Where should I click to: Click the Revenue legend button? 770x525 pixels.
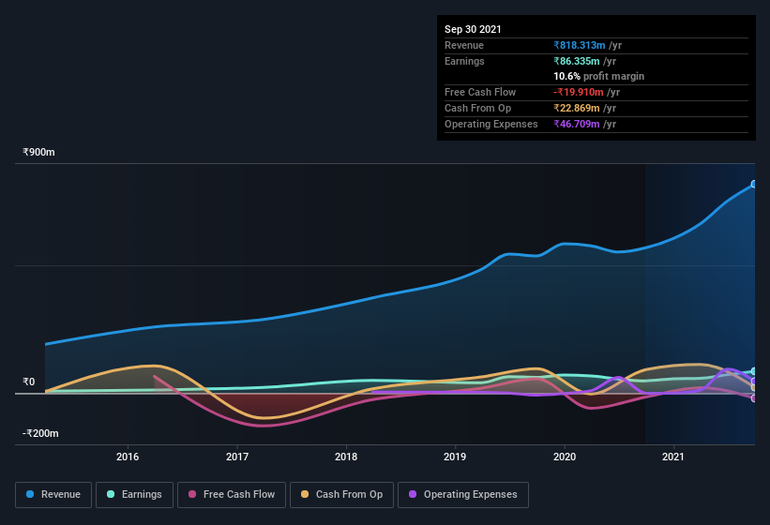tap(53, 494)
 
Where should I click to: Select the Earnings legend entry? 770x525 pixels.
tap(134, 494)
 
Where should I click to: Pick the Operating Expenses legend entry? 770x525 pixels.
tap(462, 494)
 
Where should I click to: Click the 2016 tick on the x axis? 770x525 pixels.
tap(128, 457)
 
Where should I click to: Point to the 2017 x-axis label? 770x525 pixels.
tap(237, 457)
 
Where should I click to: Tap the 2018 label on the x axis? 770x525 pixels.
tap(346, 457)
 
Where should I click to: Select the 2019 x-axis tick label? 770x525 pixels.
tap(455, 457)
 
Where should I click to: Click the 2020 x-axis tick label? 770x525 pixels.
tap(565, 457)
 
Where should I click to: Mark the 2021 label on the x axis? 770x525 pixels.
tap(673, 457)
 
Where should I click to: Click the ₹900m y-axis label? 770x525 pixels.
tap(39, 152)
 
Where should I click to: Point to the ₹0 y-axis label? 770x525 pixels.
tap(29, 382)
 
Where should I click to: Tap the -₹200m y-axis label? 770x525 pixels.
tap(41, 433)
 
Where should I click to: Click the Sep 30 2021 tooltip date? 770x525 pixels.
tap(473, 29)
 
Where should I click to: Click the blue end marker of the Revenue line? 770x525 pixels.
tap(754, 184)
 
